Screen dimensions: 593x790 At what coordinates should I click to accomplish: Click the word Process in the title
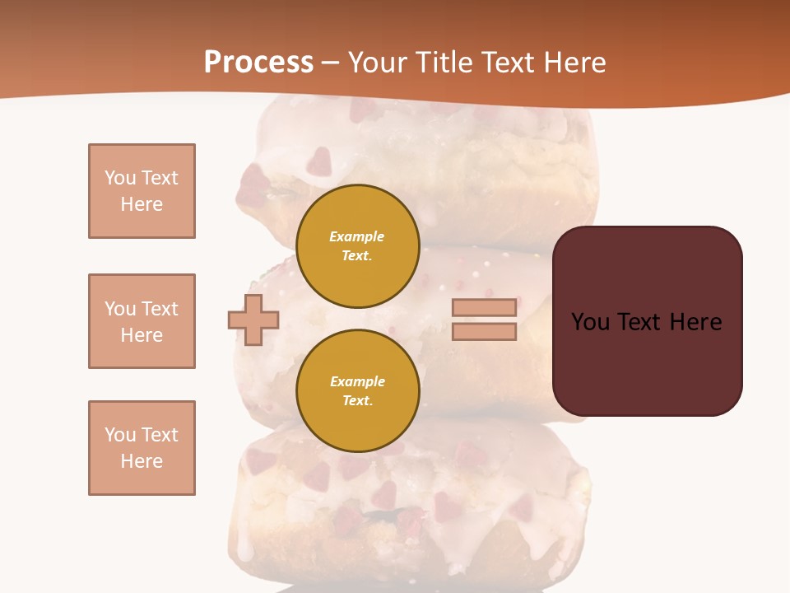(258, 62)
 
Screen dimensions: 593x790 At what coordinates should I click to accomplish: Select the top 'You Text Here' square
(142, 191)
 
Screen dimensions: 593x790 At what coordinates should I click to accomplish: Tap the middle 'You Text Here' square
(142, 321)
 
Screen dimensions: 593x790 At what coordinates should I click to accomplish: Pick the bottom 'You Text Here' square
(142, 448)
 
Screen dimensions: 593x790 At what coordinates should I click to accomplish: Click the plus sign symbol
(253, 320)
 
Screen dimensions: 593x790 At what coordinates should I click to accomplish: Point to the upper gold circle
(358, 245)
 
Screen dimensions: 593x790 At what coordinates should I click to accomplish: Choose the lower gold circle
(358, 390)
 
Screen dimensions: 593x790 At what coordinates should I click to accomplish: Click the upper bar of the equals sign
(484, 307)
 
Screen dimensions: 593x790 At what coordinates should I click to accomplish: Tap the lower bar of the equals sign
(484, 331)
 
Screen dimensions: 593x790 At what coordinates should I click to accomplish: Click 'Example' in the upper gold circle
(357, 236)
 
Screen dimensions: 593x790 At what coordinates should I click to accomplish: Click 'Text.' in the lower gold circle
(357, 400)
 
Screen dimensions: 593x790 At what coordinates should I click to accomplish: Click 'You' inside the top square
(119, 178)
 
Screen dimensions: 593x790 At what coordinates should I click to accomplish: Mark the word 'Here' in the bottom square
(142, 461)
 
